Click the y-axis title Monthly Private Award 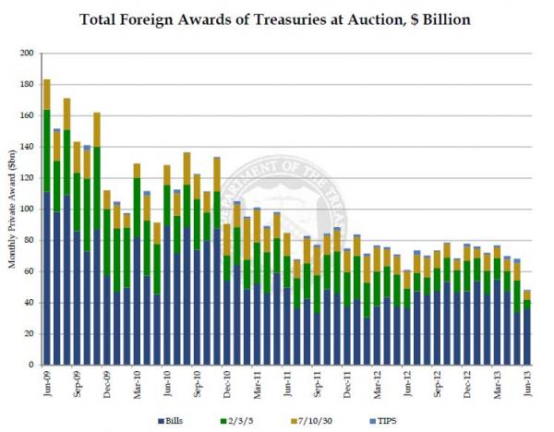click(13, 209)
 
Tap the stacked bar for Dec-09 click(107, 277)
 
